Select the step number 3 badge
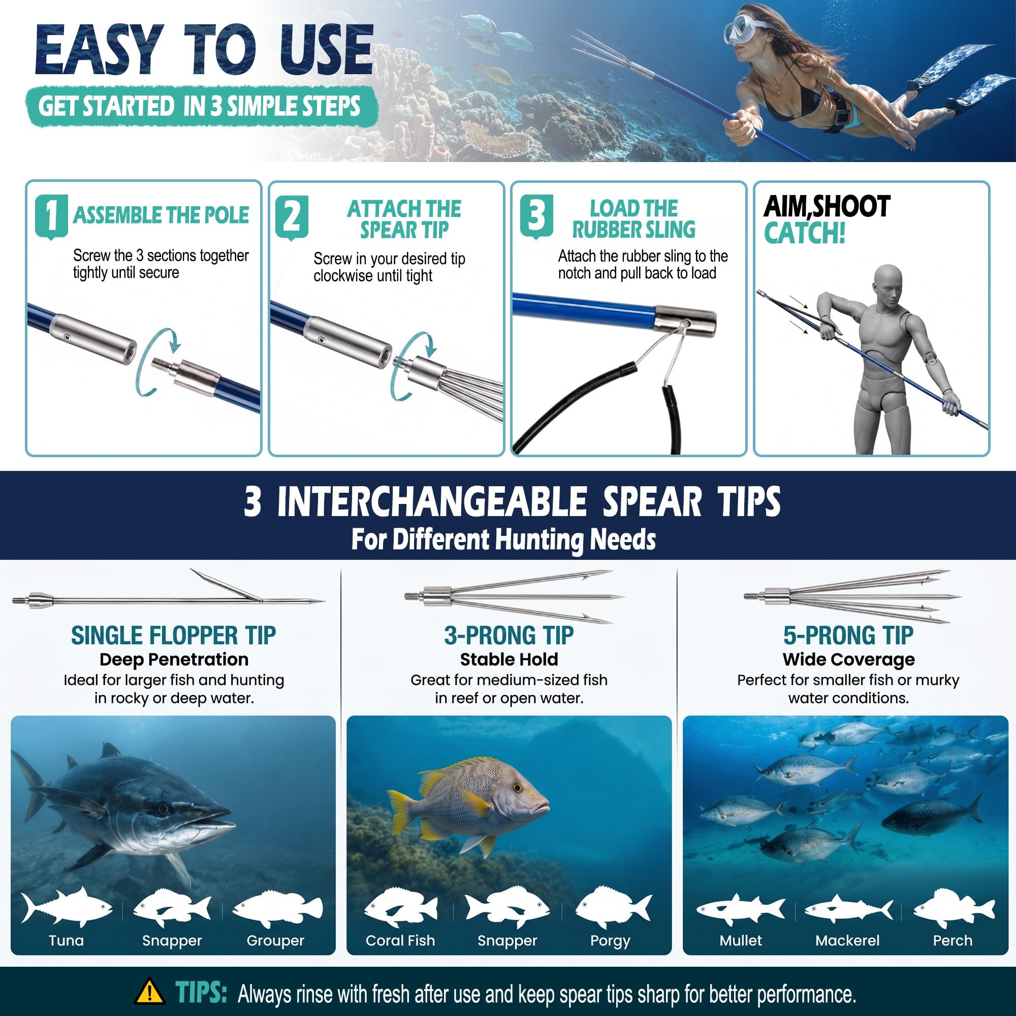coord(536,216)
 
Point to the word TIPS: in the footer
coord(201,992)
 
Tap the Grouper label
coord(275,940)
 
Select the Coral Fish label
coord(400,940)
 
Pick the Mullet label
coord(741,940)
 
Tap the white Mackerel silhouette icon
coord(848,909)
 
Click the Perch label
coord(952,940)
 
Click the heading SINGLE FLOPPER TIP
coord(174,636)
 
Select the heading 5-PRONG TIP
coord(848,636)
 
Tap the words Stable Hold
coord(509,659)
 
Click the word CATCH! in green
coord(805,233)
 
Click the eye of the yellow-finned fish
coord(518,788)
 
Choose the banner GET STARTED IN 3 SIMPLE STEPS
coord(201,106)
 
